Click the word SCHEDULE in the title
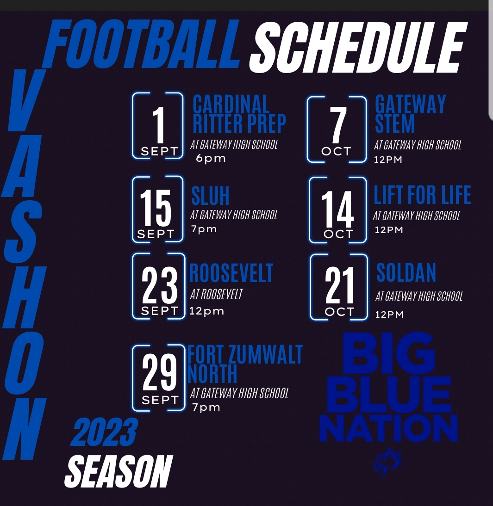coord(358,48)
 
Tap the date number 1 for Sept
coord(159,125)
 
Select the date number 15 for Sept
coord(156,208)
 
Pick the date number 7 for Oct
coord(338,125)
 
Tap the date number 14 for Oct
coord(337,209)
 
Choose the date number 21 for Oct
coord(339,285)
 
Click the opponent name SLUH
coord(210,196)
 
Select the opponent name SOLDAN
coord(406,273)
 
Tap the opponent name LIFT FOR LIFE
coord(422,195)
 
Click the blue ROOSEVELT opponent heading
coord(231,273)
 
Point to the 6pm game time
coord(211,159)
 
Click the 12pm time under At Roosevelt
coord(207,311)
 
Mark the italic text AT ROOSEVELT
coord(216,294)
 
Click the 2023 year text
coord(104,432)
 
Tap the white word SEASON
coord(118,471)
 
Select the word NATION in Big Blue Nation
coord(389,429)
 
